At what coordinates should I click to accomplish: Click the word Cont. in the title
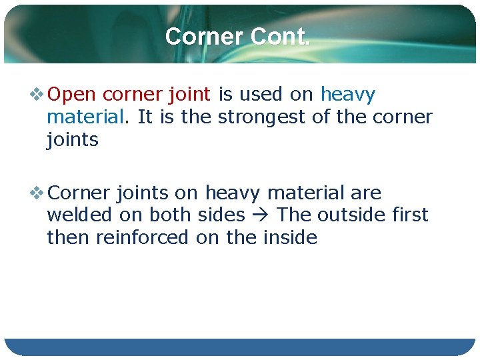pos(280,36)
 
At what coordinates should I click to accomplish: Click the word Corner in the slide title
pos(205,36)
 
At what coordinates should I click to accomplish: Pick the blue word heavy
pos(347,95)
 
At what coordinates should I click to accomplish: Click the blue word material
pos(85,117)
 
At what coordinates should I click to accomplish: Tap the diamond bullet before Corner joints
pos(37,193)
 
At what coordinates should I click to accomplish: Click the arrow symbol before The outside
pos(265,215)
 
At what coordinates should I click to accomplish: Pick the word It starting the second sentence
pos(145,117)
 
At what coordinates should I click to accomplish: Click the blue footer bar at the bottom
pos(240,347)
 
